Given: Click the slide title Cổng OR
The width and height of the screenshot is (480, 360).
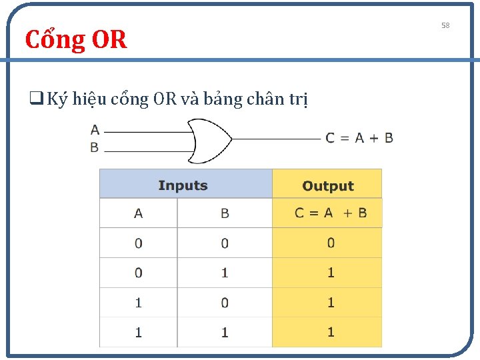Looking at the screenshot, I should tap(75, 40).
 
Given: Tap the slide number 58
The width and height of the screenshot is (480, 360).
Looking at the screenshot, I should tap(445, 25).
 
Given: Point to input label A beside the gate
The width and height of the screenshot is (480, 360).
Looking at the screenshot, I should tap(95, 130).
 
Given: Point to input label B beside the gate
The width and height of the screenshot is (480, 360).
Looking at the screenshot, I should tap(95, 147).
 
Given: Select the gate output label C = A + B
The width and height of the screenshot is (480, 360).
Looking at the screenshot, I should tap(359, 138).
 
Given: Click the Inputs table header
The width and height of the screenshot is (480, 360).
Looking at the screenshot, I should tap(183, 185).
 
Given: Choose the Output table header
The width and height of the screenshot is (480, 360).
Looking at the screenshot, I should tap(327, 186).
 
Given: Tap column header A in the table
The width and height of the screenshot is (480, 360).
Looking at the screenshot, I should tap(138, 213).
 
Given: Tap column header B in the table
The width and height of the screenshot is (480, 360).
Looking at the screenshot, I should tap(225, 213).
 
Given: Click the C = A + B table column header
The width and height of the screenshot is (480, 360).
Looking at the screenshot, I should tap(331, 213).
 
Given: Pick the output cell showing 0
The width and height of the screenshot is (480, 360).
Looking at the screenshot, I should tap(331, 243).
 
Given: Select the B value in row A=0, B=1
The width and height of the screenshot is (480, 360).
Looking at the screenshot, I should tap(225, 273).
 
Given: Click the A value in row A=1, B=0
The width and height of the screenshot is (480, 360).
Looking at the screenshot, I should tap(138, 303).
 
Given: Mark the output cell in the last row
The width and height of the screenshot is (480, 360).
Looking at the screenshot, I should tap(331, 332).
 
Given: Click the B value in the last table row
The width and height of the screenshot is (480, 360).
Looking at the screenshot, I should tap(225, 332).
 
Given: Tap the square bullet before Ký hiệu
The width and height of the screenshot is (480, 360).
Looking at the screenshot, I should tap(32, 99).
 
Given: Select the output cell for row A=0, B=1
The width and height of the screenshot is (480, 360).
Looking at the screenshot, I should tap(331, 273).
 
